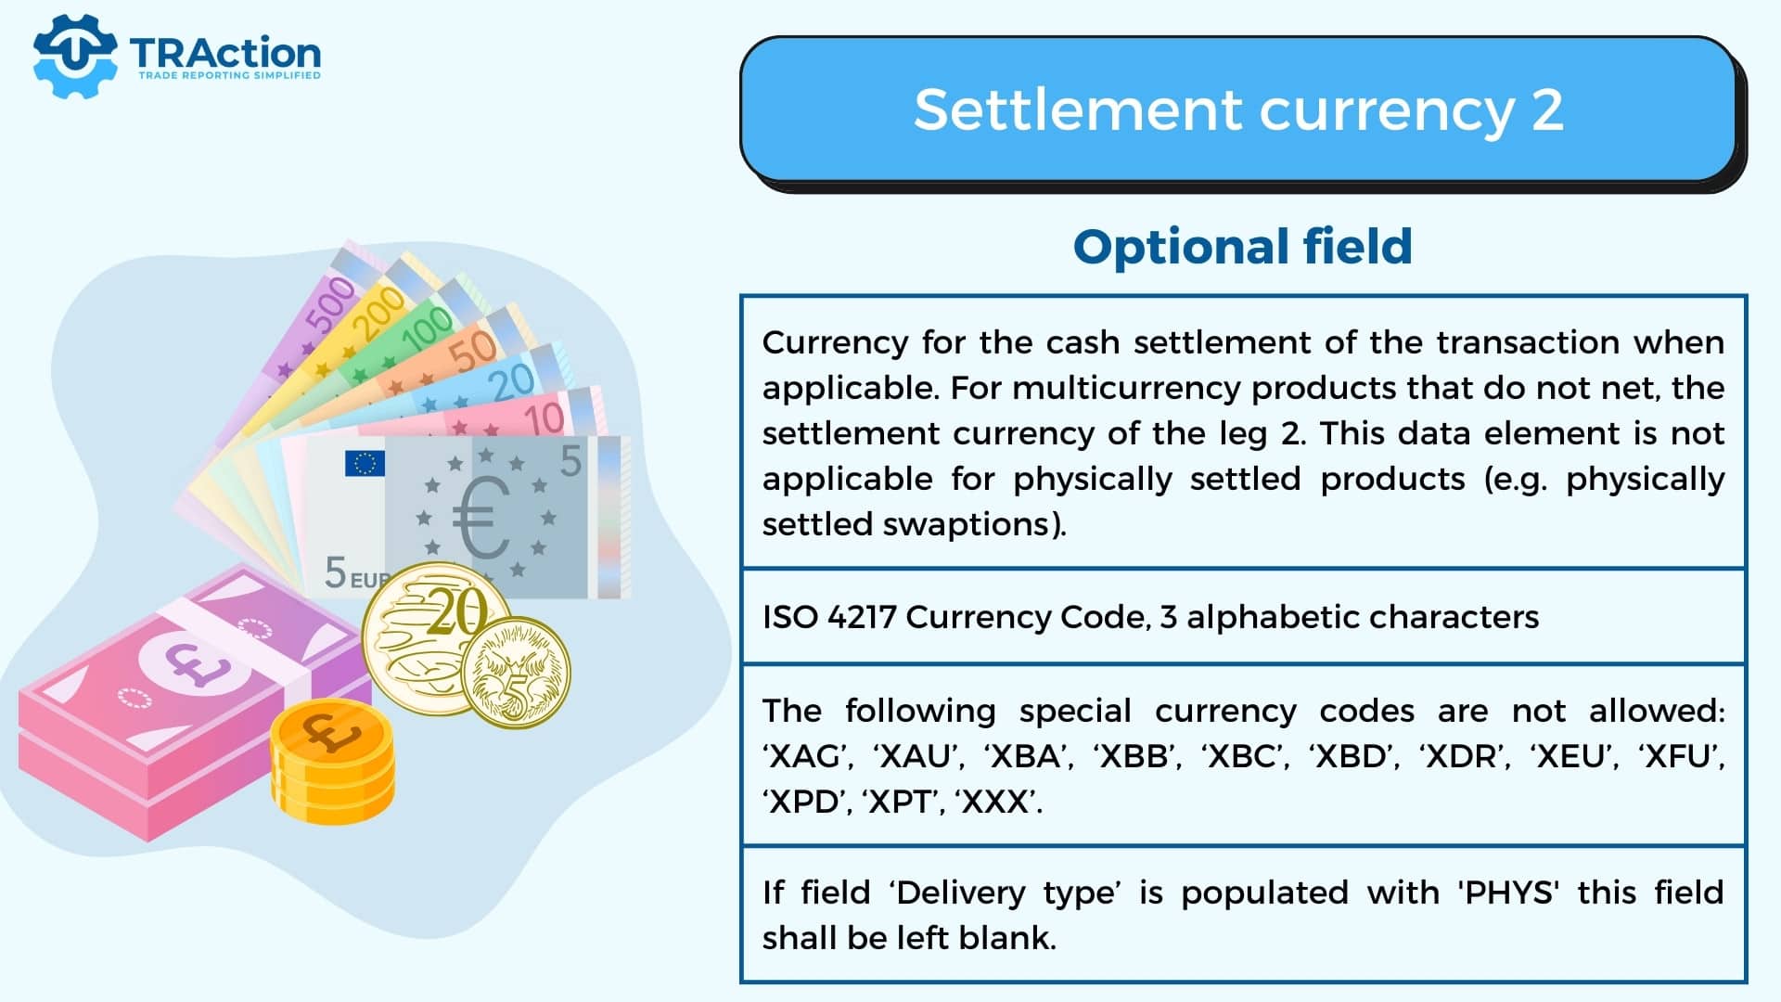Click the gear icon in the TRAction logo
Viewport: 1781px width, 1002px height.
(x=75, y=56)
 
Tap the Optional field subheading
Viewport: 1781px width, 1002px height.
(x=1243, y=247)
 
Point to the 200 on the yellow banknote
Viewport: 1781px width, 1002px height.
(x=378, y=313)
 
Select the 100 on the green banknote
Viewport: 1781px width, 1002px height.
(x=427, y=329)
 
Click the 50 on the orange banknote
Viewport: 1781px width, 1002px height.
(x=473, y=351)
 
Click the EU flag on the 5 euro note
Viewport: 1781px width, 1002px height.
(x=365, y=463)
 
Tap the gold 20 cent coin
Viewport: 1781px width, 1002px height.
(x=436, y=638)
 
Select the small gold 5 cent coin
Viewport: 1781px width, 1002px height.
(x=516, y=673)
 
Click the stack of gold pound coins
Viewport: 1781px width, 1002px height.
(x=332, y=762)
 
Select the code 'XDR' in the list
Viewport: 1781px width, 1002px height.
(x=1463, y=756)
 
